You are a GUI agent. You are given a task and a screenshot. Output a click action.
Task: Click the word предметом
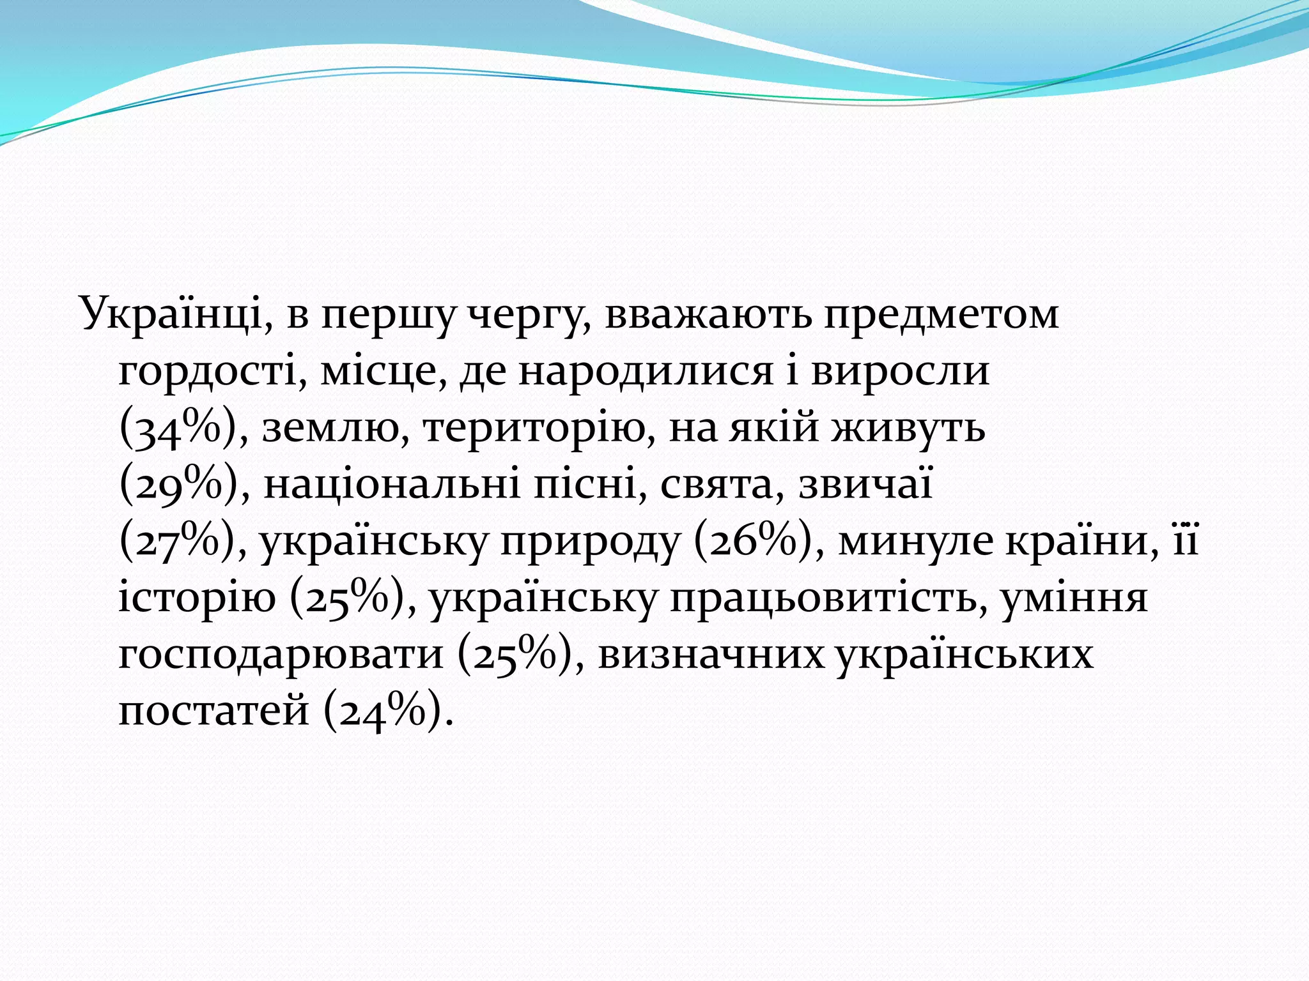tap(941, 315)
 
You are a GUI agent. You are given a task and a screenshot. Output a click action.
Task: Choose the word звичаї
tap(866, 485)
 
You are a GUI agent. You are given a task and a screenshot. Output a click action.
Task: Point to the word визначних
tap(711, 655)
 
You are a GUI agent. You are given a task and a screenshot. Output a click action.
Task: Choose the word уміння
tap(1074, 600)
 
